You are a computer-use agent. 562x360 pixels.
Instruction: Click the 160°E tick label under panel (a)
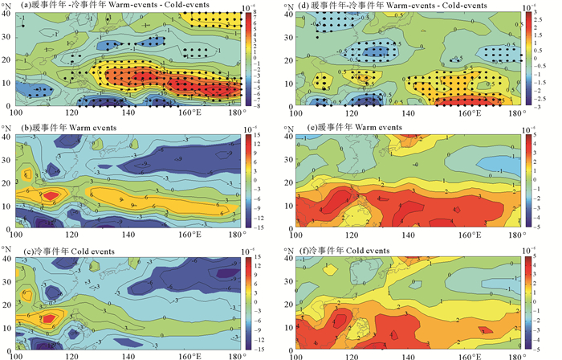click(190, 112)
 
